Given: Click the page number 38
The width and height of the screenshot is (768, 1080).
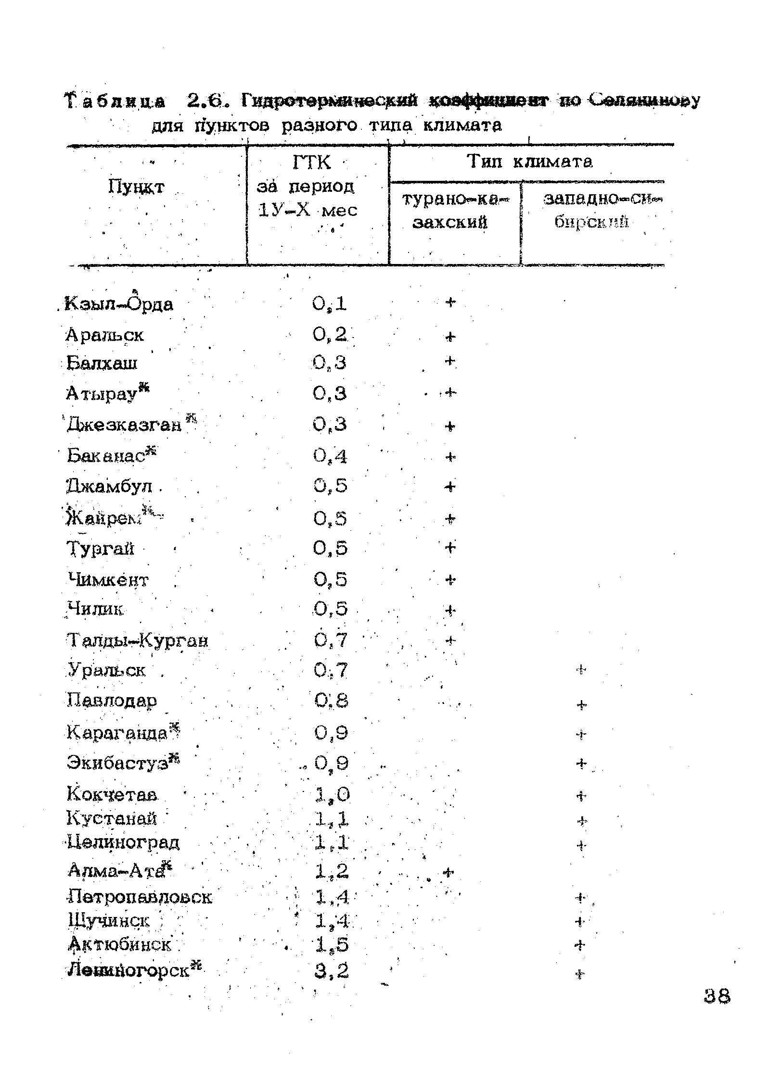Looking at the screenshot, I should click(x=717, y=995).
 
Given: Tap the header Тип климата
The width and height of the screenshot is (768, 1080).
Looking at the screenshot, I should click(x=530, y=162).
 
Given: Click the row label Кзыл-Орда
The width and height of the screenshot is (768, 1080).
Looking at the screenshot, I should click(x=120, y=304).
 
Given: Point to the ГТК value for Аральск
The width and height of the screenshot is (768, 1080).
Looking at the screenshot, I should click(x=330, y=335).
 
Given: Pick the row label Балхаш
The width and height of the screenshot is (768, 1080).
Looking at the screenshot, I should click(x=102, y=363).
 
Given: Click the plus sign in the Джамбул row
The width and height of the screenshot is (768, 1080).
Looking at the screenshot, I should click(x=449, y=487).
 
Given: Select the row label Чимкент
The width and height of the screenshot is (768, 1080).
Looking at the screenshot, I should click(x=109, y=580).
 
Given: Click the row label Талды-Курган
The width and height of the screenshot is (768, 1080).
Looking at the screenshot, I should click(x=137, y=641).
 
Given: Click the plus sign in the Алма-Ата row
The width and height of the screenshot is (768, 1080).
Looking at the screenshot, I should click(x=448, y=871).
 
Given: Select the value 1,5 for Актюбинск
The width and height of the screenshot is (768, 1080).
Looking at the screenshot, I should click(x=332, y=945).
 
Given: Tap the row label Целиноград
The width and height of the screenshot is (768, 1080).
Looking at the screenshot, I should click(x=124, y=842).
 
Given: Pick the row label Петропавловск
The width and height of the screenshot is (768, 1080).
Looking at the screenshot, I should click(x=140, y=897).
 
